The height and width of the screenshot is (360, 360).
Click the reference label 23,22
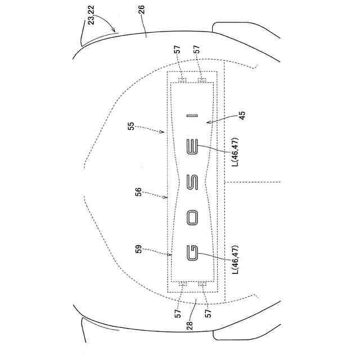click(94, 21)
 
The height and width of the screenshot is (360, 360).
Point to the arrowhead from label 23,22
click(116, 31)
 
